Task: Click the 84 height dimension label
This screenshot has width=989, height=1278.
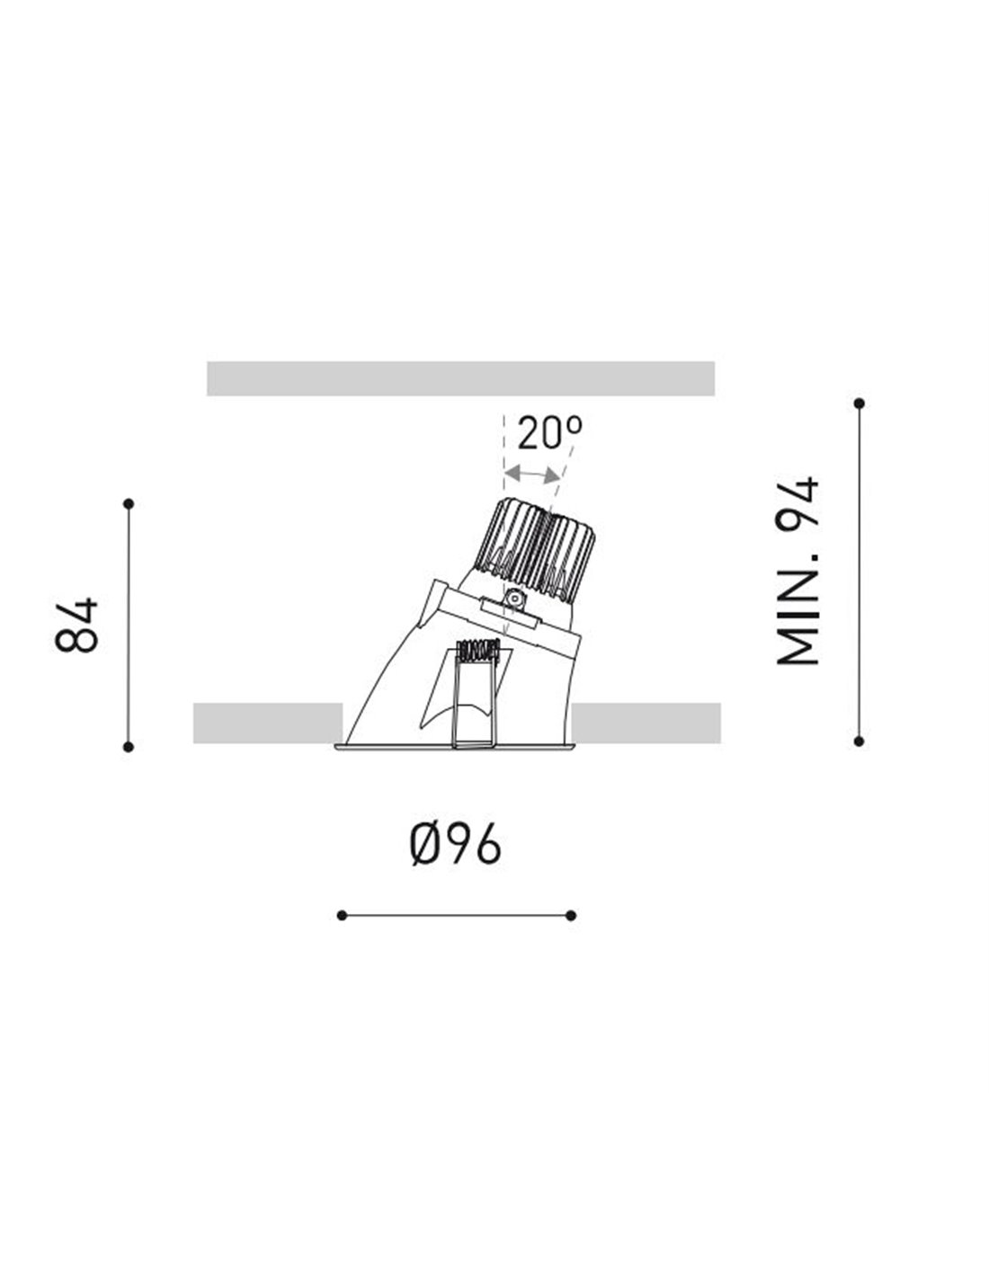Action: (x=76, y=625)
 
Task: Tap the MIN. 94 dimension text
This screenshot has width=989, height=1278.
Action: (x=797, y=571)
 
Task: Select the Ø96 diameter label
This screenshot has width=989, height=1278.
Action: (x=455, y=844)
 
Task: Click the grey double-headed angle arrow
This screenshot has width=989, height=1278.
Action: (x=532, y=474)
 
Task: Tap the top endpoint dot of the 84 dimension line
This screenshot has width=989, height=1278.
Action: (x=129, y=503)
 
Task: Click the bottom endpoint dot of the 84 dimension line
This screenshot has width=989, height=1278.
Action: (x=129, y=747)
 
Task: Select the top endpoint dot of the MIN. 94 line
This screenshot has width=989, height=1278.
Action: (x=859, y=404)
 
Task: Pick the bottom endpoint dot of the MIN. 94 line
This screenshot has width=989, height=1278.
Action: (x=859, y=741)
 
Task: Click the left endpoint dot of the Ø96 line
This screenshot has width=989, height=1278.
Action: (x=342, y=916)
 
